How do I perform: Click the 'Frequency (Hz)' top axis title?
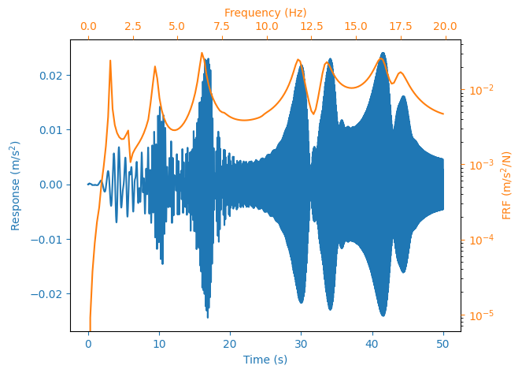pyautogui.click(x=265, y=13)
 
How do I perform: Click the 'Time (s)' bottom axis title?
pyautogui.click(x=265, y=360)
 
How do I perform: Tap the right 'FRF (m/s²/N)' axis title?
pyautogui.click(x=507, y=185)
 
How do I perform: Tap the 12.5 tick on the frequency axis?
pyautogui.click(x=311, y=26)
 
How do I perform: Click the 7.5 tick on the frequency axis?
pyautogui.click(x=222, y=26)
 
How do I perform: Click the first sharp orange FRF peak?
pyautogui.click(x=110, y=61)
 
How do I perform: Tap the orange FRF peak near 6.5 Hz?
pyautogui.click(x=202, y=54)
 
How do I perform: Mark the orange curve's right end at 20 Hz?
pyautogui.click(x=443, y=114)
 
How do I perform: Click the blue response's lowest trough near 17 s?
pyautogui.click(x=207, y=316)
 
